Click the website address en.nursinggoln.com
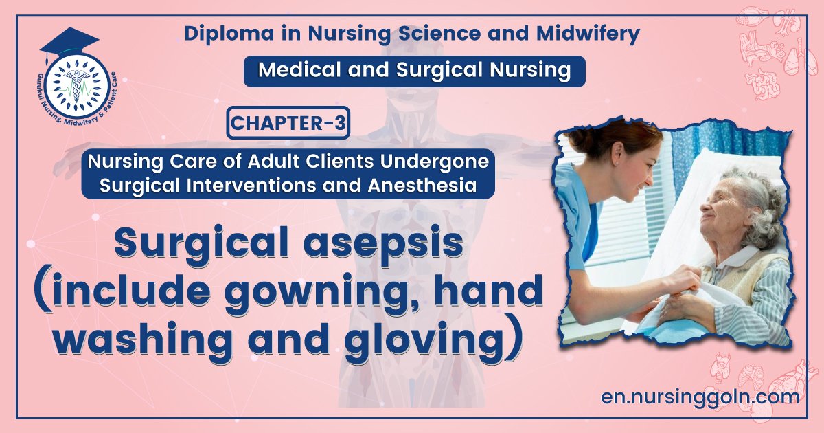pos(700,397)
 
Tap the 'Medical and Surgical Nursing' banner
pos(414,71)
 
